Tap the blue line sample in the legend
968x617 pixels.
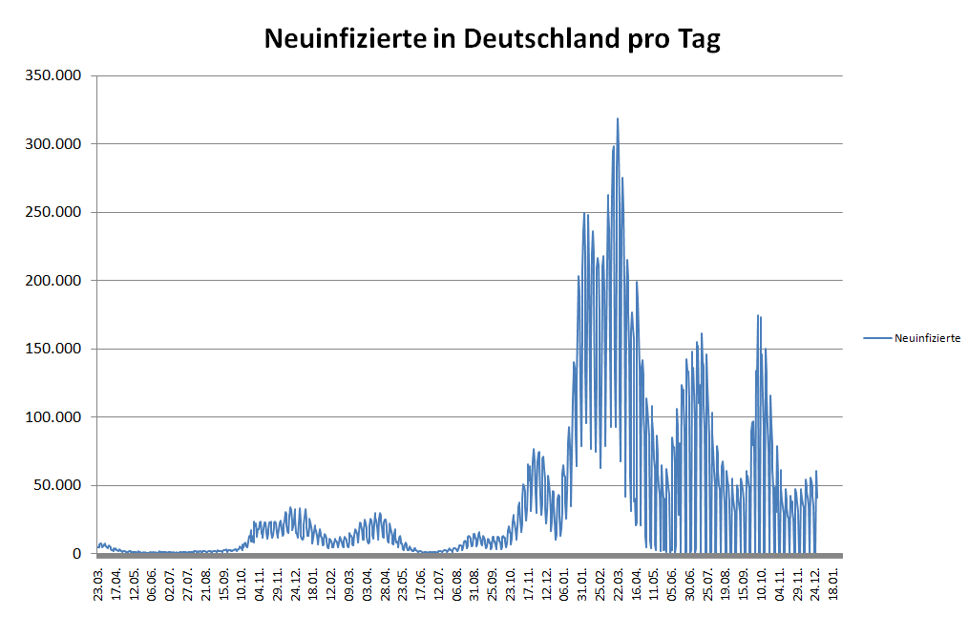click(x=876, y=338)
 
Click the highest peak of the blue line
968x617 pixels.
click(x=618, y=119)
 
